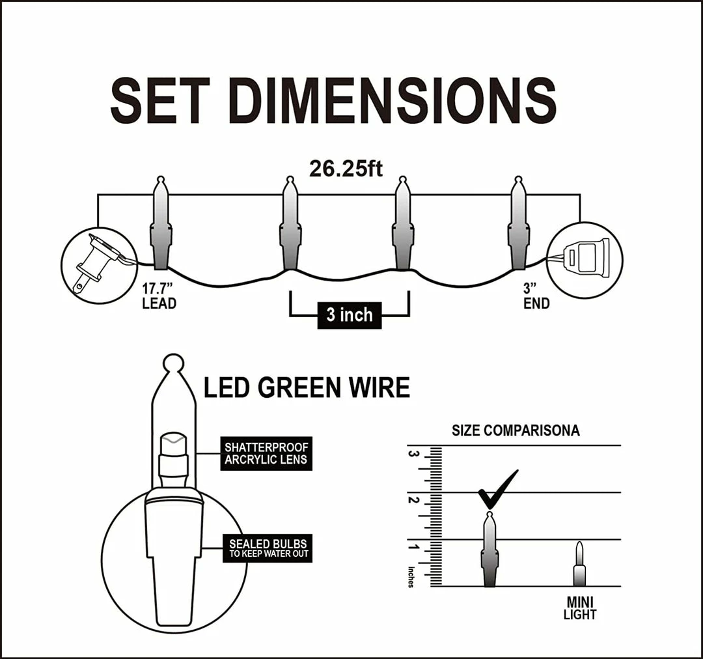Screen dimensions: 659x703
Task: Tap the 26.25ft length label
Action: [x=346, y=169]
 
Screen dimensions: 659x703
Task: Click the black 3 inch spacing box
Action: [x=349, y=315]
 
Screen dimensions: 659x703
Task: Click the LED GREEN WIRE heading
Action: [x=307, y=388]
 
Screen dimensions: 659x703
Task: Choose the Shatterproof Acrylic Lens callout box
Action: [x=266, y=454]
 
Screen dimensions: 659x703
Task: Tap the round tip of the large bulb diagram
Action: [x=173, y=363]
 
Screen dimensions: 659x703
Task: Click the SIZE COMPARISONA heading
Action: [x=516, y=430]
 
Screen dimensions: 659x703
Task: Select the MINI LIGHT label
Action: [x=579, y=608]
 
